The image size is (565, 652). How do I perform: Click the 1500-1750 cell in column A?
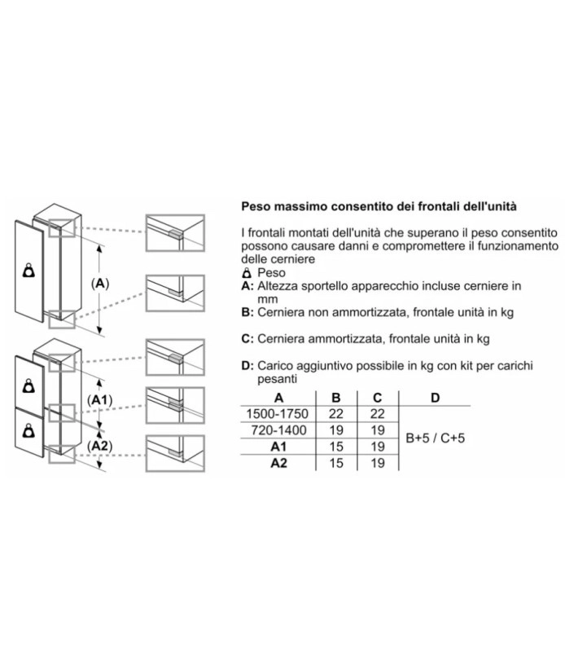277,414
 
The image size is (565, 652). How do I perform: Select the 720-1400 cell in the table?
278,430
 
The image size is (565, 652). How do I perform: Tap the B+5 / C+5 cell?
435,438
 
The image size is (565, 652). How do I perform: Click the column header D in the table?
435,398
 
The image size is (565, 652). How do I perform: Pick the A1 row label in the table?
278,447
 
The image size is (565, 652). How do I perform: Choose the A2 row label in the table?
278,463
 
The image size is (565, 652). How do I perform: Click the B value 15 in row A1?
336,447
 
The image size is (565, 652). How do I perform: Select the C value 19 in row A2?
378,463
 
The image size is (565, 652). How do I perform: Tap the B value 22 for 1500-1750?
336,414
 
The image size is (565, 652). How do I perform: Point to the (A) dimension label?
100,284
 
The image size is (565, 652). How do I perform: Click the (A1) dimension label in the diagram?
100,400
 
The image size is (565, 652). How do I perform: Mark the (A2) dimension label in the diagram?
100,446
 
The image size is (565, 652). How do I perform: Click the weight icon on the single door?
28,271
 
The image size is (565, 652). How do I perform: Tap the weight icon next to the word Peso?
247,273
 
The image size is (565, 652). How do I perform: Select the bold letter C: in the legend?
247,339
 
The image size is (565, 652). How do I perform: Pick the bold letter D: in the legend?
247,366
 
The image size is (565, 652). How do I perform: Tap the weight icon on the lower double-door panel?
28,431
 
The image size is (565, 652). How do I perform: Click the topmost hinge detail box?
175,233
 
